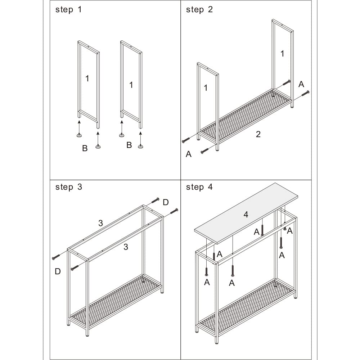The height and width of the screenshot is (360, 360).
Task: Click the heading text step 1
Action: coord(68,10)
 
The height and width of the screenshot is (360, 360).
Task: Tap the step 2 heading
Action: coord(199,10)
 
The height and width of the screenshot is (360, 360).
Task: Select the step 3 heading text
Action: coord(68,187)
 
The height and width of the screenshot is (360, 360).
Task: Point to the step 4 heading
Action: coord(199,187)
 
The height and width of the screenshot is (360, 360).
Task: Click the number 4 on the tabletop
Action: coord(246,215)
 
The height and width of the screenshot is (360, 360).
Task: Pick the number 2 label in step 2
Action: coord(258,134)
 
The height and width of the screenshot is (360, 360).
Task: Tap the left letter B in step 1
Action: coord(85,148)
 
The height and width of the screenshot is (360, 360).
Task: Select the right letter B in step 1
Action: coord(129,145)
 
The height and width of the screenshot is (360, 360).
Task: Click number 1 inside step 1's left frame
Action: coord(87,78)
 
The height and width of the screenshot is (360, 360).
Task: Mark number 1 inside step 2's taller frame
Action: coord(282,54)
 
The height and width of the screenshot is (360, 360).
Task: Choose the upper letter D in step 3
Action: coord(166,202)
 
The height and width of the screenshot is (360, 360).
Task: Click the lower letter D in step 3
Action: coord(58,272)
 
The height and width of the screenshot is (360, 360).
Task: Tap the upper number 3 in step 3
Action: coord(100,223)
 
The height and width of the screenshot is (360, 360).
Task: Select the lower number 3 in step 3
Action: coord(126,247)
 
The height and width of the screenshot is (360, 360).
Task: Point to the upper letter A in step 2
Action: coord(301,84)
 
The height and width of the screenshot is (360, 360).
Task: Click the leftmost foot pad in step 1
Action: coord(79,135)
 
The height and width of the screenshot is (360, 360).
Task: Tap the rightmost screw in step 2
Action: coord(305,94)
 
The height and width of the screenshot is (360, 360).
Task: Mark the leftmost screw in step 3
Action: coord(56,257)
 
